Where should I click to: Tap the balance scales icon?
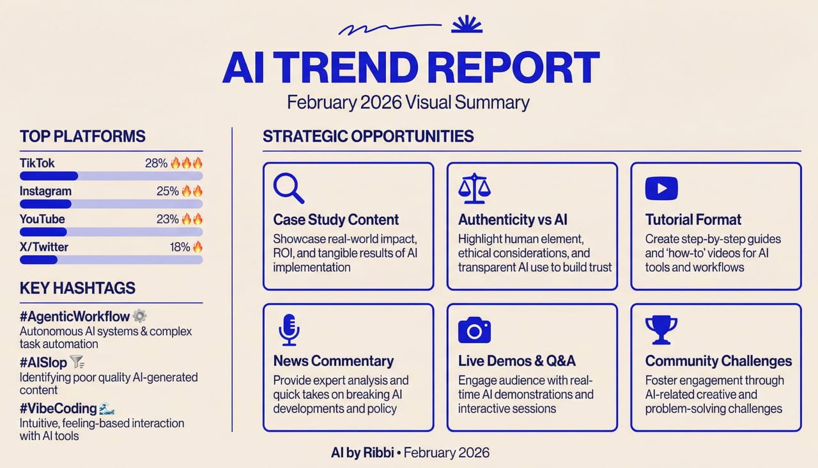click(474, 187)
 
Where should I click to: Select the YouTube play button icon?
click(661, 188)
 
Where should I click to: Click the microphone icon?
click(288, 329)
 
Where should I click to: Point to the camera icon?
click(474, 330)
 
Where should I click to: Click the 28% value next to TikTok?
click(156, 163)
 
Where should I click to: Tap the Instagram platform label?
click(45, 191)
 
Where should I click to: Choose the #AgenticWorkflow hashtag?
click(75, 316)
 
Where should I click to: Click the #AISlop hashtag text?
click(43, 363)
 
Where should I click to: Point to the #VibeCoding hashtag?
click(58, 409)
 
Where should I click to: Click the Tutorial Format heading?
click(693, 220)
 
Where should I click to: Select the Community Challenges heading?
click(718, 361)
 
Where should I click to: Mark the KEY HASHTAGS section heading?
click(77, 288)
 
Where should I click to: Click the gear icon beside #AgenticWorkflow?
click(139, 316)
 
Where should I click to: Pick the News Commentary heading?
click(333, 361)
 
